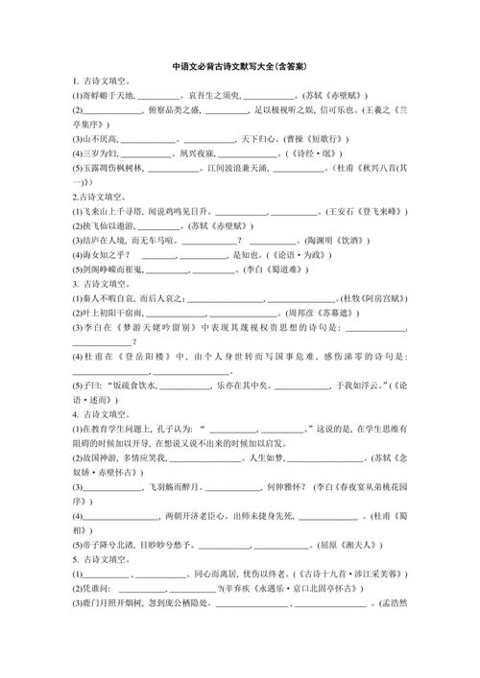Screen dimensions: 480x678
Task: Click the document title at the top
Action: (239, 67)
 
